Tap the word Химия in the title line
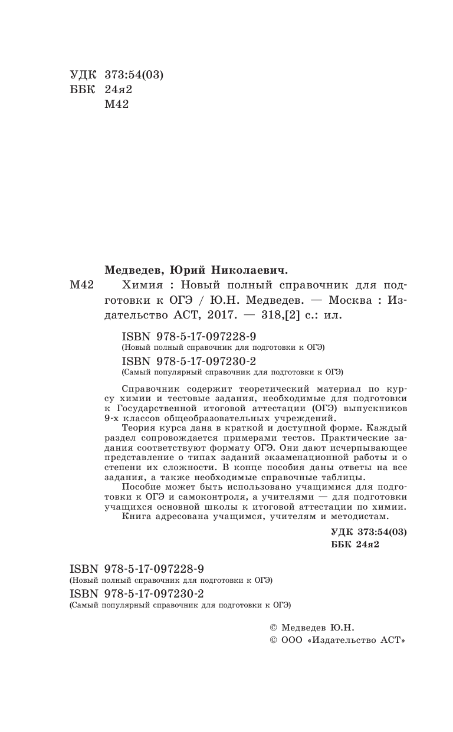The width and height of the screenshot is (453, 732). (x=140, y=285)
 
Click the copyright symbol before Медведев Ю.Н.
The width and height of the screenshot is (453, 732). (x=273, y=627)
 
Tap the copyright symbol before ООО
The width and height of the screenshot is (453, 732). (x=273, y=639)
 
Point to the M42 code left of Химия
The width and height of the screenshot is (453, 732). (x=81, y=285)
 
